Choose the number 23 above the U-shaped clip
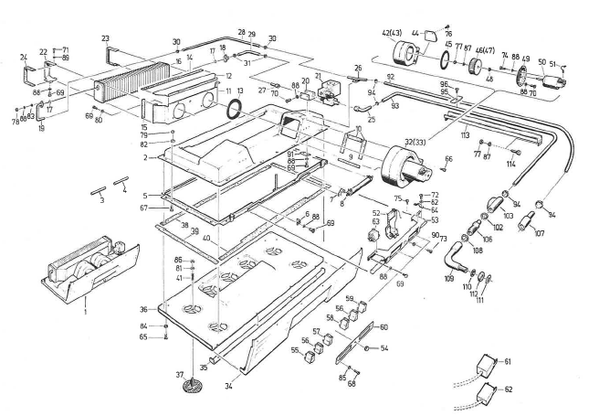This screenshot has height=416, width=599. tap(106, 37)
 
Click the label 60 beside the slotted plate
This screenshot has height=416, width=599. tap(384, 326)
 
